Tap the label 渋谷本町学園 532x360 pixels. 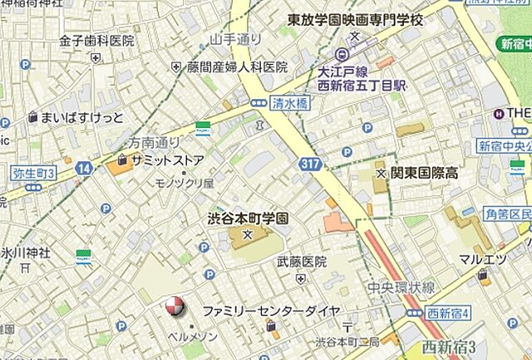pyautogui.click(x=248, y=219)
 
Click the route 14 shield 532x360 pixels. pyautogui.click(x=84, y=168)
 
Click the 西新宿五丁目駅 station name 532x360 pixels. pyautogui.click(x=361, y=85)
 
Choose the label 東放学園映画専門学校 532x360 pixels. pyautogui.click(x=355, y=18)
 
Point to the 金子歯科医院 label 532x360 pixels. pyautogui.click(x=96, y=40)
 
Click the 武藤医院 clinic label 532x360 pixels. pyautogui.click(x=302, y=261)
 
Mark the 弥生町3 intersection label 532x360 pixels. pyautogui.click(x=34, y=173)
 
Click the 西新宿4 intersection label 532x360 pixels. pyautogui.click(x=449, y=313)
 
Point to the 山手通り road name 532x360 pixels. pyautogui.click(x=236, y=38)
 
